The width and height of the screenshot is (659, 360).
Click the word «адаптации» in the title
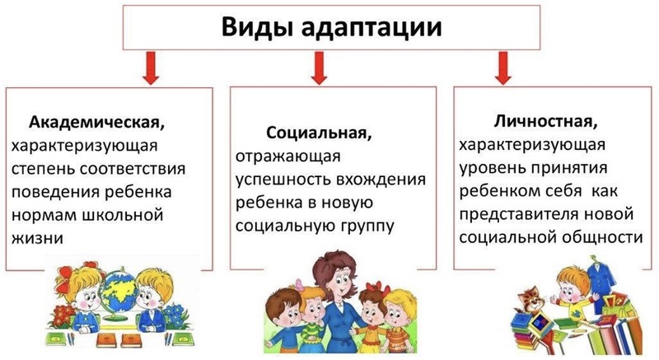pos(372,27)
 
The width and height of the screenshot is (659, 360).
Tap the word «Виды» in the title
pos(257,27)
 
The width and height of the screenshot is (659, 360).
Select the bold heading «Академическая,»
pos(96,123)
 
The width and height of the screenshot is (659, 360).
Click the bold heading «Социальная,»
pos(319,133)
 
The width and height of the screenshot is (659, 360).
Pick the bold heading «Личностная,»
pos(545,122)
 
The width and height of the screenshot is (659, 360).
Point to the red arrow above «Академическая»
pos(151,68)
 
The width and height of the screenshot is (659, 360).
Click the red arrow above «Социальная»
pos(320,68)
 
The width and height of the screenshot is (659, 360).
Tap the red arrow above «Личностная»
pos(503,68)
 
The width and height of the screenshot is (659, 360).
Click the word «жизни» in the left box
pos(37,238)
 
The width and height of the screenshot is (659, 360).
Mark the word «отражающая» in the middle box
pos(287,157)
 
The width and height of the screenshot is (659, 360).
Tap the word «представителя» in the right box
pos(516,214)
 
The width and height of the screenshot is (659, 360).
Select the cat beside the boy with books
pos(530,301)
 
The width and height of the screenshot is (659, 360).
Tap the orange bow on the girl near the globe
pos(63,278)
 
